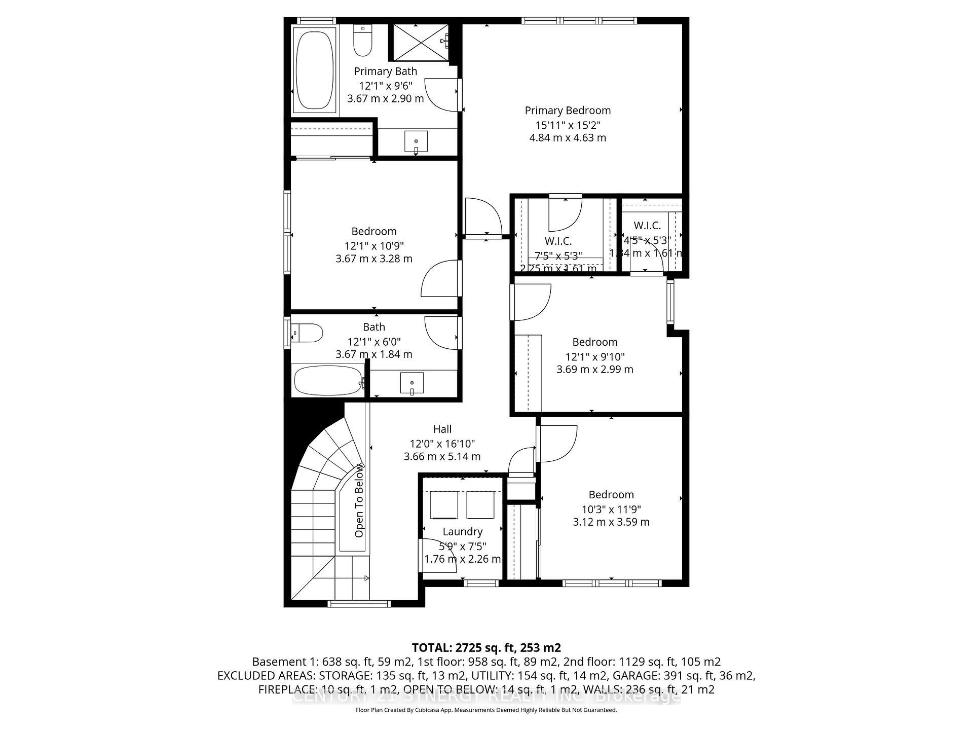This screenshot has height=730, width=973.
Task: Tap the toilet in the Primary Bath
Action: click(x=362, y=42)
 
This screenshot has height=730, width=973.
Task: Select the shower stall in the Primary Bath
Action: click(x=419, y=43)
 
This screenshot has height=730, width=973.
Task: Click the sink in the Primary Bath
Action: click(x=416, y=141)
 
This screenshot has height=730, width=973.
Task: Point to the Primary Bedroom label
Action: click(x=568, y=111)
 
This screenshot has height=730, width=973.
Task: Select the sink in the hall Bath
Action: click(x=411, y=383)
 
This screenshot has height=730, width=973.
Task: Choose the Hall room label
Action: click(x=442, y=429)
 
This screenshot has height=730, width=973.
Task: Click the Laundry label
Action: click(x=462, y=531)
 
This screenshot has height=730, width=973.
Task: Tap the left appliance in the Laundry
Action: click(x=444, y=505)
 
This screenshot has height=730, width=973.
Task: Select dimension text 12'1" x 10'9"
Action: click(x=374, y=246)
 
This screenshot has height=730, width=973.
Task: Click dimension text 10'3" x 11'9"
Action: click(x=611, y=509)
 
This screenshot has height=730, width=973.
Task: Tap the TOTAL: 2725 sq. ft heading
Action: click(x=485, y=647)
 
